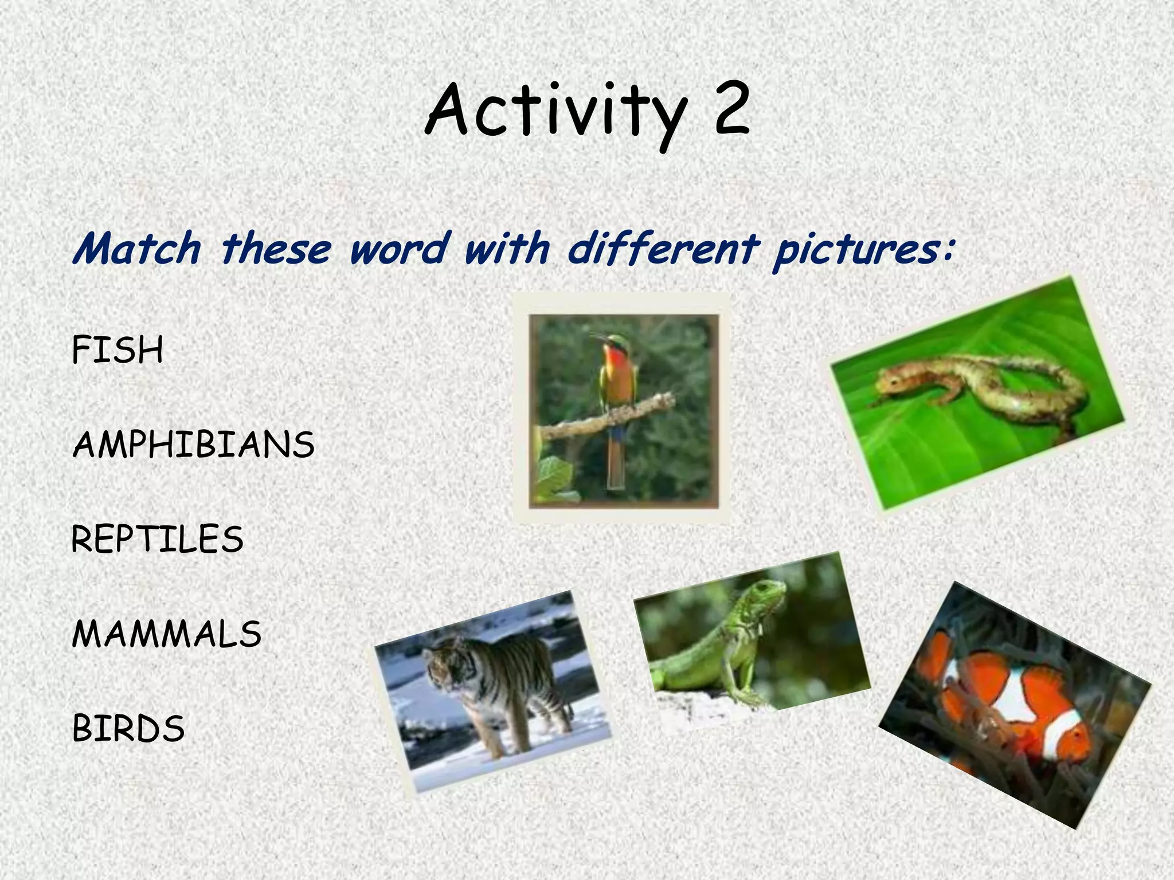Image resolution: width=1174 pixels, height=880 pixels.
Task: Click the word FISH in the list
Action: click(118, 350)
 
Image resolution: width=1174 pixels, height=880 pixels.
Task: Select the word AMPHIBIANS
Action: click(193, 445)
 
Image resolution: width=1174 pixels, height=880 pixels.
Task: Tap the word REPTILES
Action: click(157, 540)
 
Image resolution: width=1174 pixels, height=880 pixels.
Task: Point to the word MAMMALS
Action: click(166, 634)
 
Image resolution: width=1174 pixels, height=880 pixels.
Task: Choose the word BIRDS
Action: click(128, 729)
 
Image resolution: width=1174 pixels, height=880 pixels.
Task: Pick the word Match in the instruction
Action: click(136, 249)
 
